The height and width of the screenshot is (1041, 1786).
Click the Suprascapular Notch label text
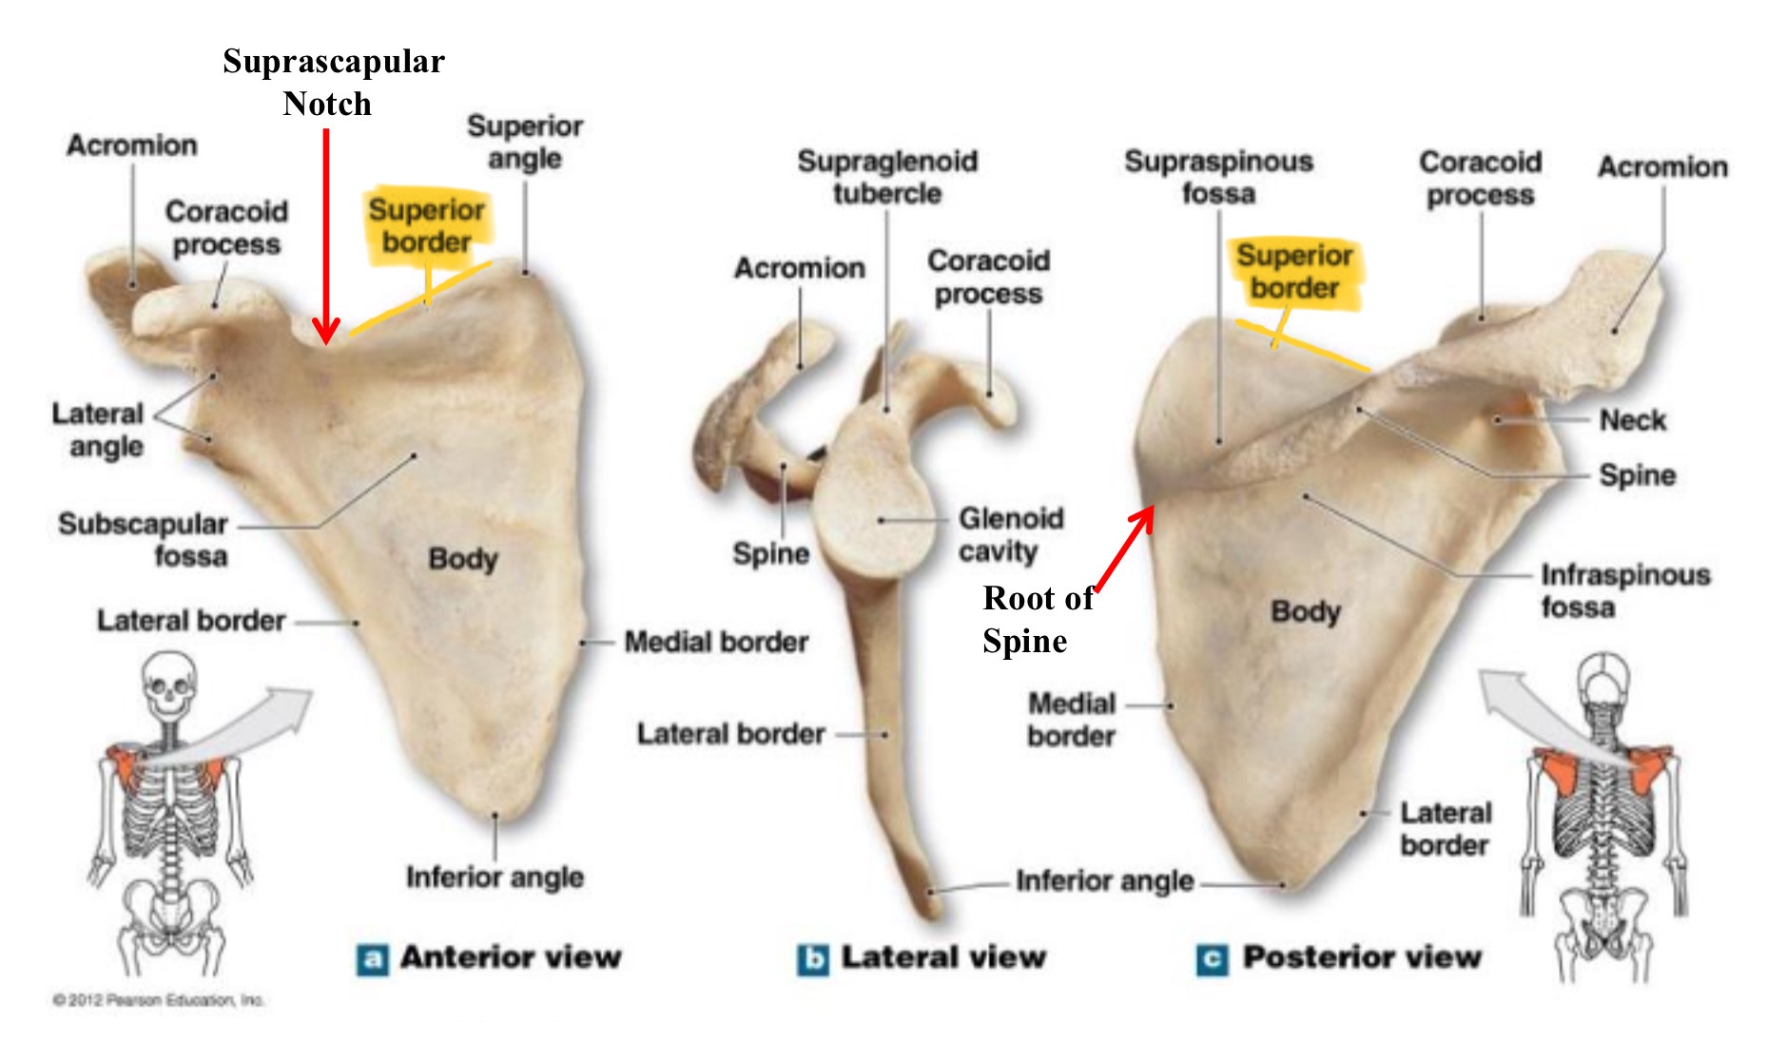333,82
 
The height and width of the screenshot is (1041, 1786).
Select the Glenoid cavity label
1010,534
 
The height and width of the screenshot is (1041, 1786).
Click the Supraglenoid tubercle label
887,177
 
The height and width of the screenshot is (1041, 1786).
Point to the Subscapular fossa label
144,539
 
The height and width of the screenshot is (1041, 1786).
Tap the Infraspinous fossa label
1624,590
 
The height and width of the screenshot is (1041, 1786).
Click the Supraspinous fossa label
1218,177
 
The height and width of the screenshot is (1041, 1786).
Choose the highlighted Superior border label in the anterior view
427,225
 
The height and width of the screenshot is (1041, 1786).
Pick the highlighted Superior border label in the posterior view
1294,271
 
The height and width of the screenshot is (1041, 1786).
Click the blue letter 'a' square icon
372,959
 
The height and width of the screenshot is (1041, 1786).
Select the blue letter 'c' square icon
1212,959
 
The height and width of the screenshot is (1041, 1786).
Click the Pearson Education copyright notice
158,999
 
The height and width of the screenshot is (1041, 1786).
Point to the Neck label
1632,420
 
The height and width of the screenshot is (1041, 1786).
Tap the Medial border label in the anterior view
715,643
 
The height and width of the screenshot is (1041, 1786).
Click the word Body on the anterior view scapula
463,558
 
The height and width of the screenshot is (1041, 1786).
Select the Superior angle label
525,142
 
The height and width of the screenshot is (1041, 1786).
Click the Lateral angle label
98,430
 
